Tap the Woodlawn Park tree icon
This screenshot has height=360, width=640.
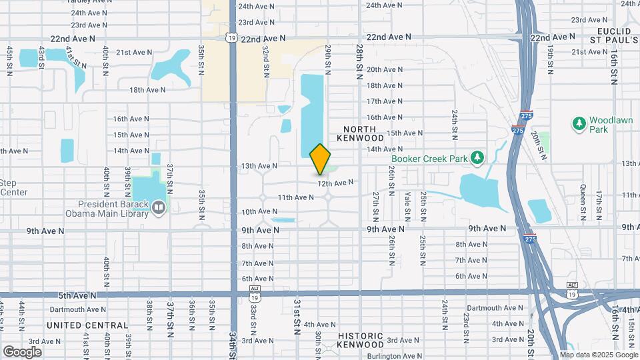pyautogui.click(x=578, y=123)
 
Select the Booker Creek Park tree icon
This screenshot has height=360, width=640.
pyautogui.click(x=476, y=158)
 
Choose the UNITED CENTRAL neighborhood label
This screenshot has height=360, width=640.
pyautogui.click(x=87, y=325)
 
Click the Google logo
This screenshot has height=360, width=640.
pyautogui.click(x=22, y=352)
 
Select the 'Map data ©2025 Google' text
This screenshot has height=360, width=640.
pyautogui.click(x=599, y=355)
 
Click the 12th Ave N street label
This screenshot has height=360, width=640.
pyautogui.click(x=335, y=183)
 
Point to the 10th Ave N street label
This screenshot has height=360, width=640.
pyautogui.click(x=259, y=211)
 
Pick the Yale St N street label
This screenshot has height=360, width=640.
pyautogui.click(x=407, y=207)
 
